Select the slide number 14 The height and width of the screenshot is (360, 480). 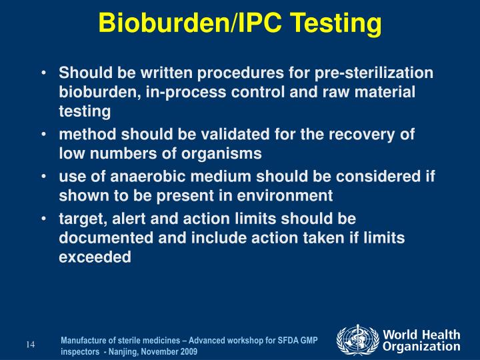coord(30,345)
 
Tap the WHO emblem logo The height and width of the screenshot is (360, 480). coord(357,340)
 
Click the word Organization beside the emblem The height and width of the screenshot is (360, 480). coord(421,347)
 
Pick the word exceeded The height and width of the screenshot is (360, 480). coord(95,257)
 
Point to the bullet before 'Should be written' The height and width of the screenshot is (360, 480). coord(43,73)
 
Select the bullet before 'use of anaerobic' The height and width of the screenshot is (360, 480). coord(43,177)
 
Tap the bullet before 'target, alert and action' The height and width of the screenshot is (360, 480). coord(43,219)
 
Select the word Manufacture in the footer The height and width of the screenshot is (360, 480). coord(83,340)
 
